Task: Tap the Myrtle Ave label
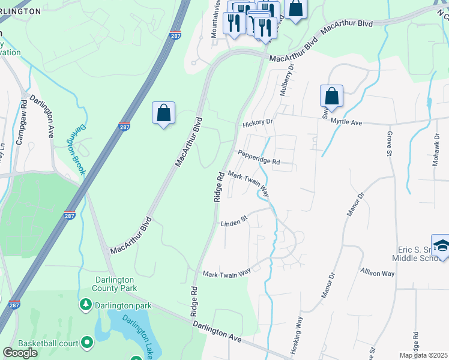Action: pos(348,122)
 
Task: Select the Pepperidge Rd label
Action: pos(259,157)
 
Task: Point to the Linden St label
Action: pos(234,223)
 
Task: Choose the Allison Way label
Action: pos(377,273)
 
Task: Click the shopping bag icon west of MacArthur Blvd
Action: pos(163,112)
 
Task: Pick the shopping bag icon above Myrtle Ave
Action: pos(331,95)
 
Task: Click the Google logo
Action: pos(20,352)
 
